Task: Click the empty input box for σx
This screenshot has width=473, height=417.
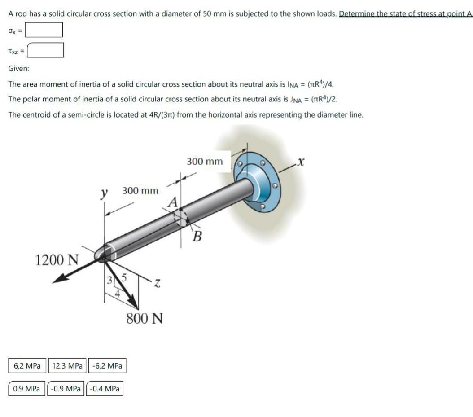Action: (x=44, y=30)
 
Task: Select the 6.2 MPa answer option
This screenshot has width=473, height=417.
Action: (x=27, y=366)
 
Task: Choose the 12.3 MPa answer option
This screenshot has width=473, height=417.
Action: (x=67, y=366)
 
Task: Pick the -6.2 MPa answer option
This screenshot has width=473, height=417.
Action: (x=107, y=366)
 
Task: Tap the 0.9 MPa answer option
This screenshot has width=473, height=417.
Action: (x=26, y=388)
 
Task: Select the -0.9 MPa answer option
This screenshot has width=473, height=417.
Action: (x=66, y=388)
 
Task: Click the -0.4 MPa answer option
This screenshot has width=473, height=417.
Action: (x=105, y=388)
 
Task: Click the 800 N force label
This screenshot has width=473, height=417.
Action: (x=144, y=319)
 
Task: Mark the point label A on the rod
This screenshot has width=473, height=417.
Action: (x=173, y=202)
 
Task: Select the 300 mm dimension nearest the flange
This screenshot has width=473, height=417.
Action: (x=204, y=161)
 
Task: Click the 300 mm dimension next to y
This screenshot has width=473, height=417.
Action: (x=140, y=191)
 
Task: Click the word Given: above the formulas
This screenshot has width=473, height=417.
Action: (x=19, y=69)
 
